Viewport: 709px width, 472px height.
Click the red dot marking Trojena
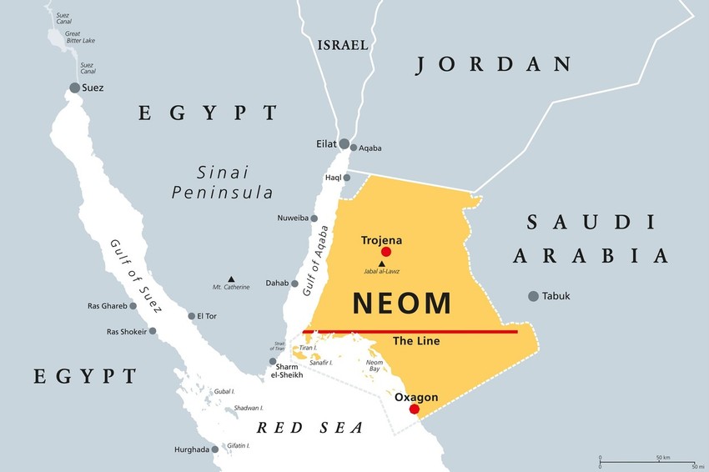385,252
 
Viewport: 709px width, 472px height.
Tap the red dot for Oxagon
415,409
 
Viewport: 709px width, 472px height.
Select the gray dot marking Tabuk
533,296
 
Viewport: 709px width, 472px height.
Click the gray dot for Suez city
75,88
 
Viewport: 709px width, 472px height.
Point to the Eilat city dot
344,144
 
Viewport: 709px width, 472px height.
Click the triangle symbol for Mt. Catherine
231,279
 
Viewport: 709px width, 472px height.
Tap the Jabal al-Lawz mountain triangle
382,264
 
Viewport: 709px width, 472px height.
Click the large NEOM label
402,304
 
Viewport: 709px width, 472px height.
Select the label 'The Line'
415,341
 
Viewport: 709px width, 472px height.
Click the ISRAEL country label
342,45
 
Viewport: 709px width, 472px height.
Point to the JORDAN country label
494,64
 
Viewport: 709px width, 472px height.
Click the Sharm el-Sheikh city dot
273,362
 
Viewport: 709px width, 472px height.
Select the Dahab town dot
294,284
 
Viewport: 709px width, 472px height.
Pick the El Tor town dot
191,316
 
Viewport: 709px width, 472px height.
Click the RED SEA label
309,428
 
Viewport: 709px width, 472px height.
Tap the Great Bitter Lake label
80,37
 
